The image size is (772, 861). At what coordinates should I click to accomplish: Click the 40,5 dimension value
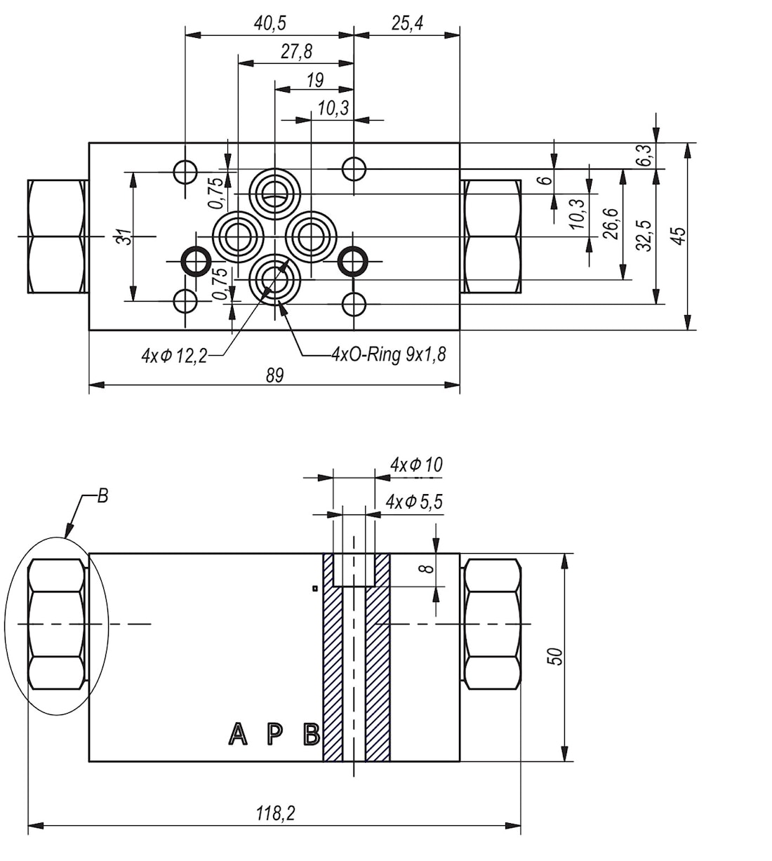270,24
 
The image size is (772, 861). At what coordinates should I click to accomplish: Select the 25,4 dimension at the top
407,23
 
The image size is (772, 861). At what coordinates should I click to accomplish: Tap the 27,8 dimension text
296,52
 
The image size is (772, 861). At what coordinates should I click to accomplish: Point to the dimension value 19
315,79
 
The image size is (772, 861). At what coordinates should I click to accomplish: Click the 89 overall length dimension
274,375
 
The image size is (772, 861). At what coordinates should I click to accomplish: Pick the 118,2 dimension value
275,813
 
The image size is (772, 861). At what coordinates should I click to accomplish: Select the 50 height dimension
556,656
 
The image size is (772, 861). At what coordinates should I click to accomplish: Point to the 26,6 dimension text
611,224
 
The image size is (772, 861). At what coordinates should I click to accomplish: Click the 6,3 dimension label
645,155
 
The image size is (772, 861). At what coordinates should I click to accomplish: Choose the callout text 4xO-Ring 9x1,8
389,354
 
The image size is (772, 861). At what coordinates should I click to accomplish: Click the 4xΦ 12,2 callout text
174,356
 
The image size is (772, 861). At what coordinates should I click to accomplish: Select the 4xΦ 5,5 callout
414,502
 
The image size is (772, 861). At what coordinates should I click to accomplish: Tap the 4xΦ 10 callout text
416,465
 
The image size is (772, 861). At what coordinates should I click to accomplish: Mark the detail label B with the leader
102,495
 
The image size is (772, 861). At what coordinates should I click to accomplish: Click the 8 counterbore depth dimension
428,568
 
